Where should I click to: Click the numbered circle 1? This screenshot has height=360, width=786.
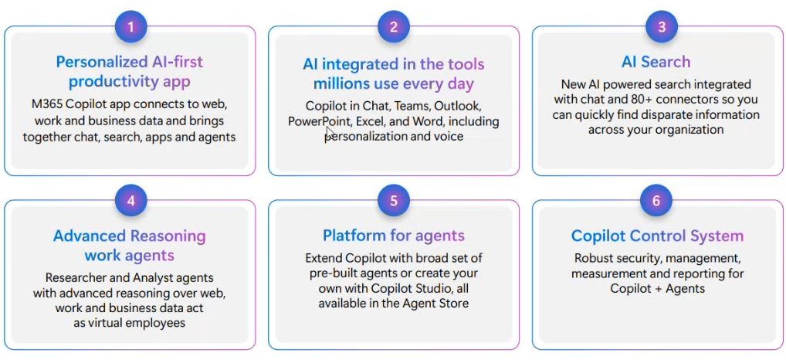pyautogui.click(x=130, y=26)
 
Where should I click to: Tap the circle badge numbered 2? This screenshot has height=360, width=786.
pyautogui.click(x=394, y=26)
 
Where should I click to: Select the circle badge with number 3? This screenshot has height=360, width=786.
pyautogui.click(x=662, y=26)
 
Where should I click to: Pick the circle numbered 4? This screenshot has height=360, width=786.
pyautogui.click(x=130, y=201)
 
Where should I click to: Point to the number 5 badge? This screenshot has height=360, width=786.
pyautogui.click(x=394, y=201)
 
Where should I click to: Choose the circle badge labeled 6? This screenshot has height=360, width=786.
pyautogui.click(x=656, y=201)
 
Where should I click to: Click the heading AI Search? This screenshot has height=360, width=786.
pyautogui.click(x=656, y=62)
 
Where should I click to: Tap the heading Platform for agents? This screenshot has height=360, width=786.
pyautogui.click(x=394, y=235)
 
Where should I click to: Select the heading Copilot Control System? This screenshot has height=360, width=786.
pyautogui.click(x=657, y=236)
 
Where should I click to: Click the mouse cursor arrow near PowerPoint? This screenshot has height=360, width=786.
pyautogui.click(x=330, y=132)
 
